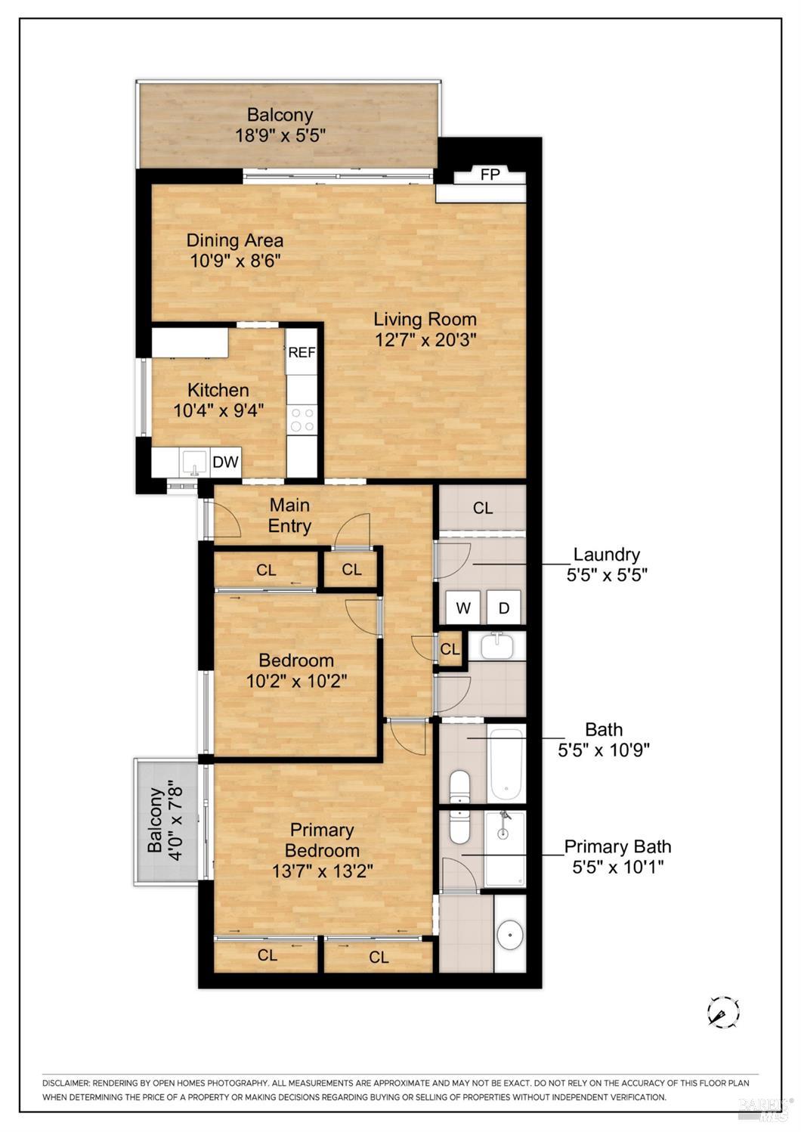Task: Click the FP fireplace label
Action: pyautogui.click(x=490, y=175)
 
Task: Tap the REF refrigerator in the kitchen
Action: pyautogui.click(x=302, y=352)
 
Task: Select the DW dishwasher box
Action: pyautogui.click(x=225, y=462)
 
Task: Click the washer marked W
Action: pyautogui.click(x=462, y=608)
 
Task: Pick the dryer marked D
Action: pyautogui.click(x=503, y=608)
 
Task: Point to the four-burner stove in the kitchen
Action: pyautogui.click(x=302, y=419)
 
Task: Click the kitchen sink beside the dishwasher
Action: pyautogui.click(x=194, y=461)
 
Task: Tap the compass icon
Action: pyautogui.click(x=722, y=1011)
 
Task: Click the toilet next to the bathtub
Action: pyautogui.click(x=459, y=786)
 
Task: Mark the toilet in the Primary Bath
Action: pyautogui.click(x=459, y=828)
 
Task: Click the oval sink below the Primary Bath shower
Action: pyautogui.click(x=510, y=936)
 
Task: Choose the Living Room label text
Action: pyautogui.click(x=425, y=319)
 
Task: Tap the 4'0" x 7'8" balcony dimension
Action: pyautogui.click(x=175, y=821)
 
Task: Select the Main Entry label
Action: pyautogui.click(x=290, y=515)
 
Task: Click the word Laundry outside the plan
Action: pyautogui.click(x=606, y=555)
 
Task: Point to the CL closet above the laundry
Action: pyautogui.click(x=483, y=509)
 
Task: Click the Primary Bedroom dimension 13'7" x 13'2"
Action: pyautogui.click(x=322, y=871)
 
